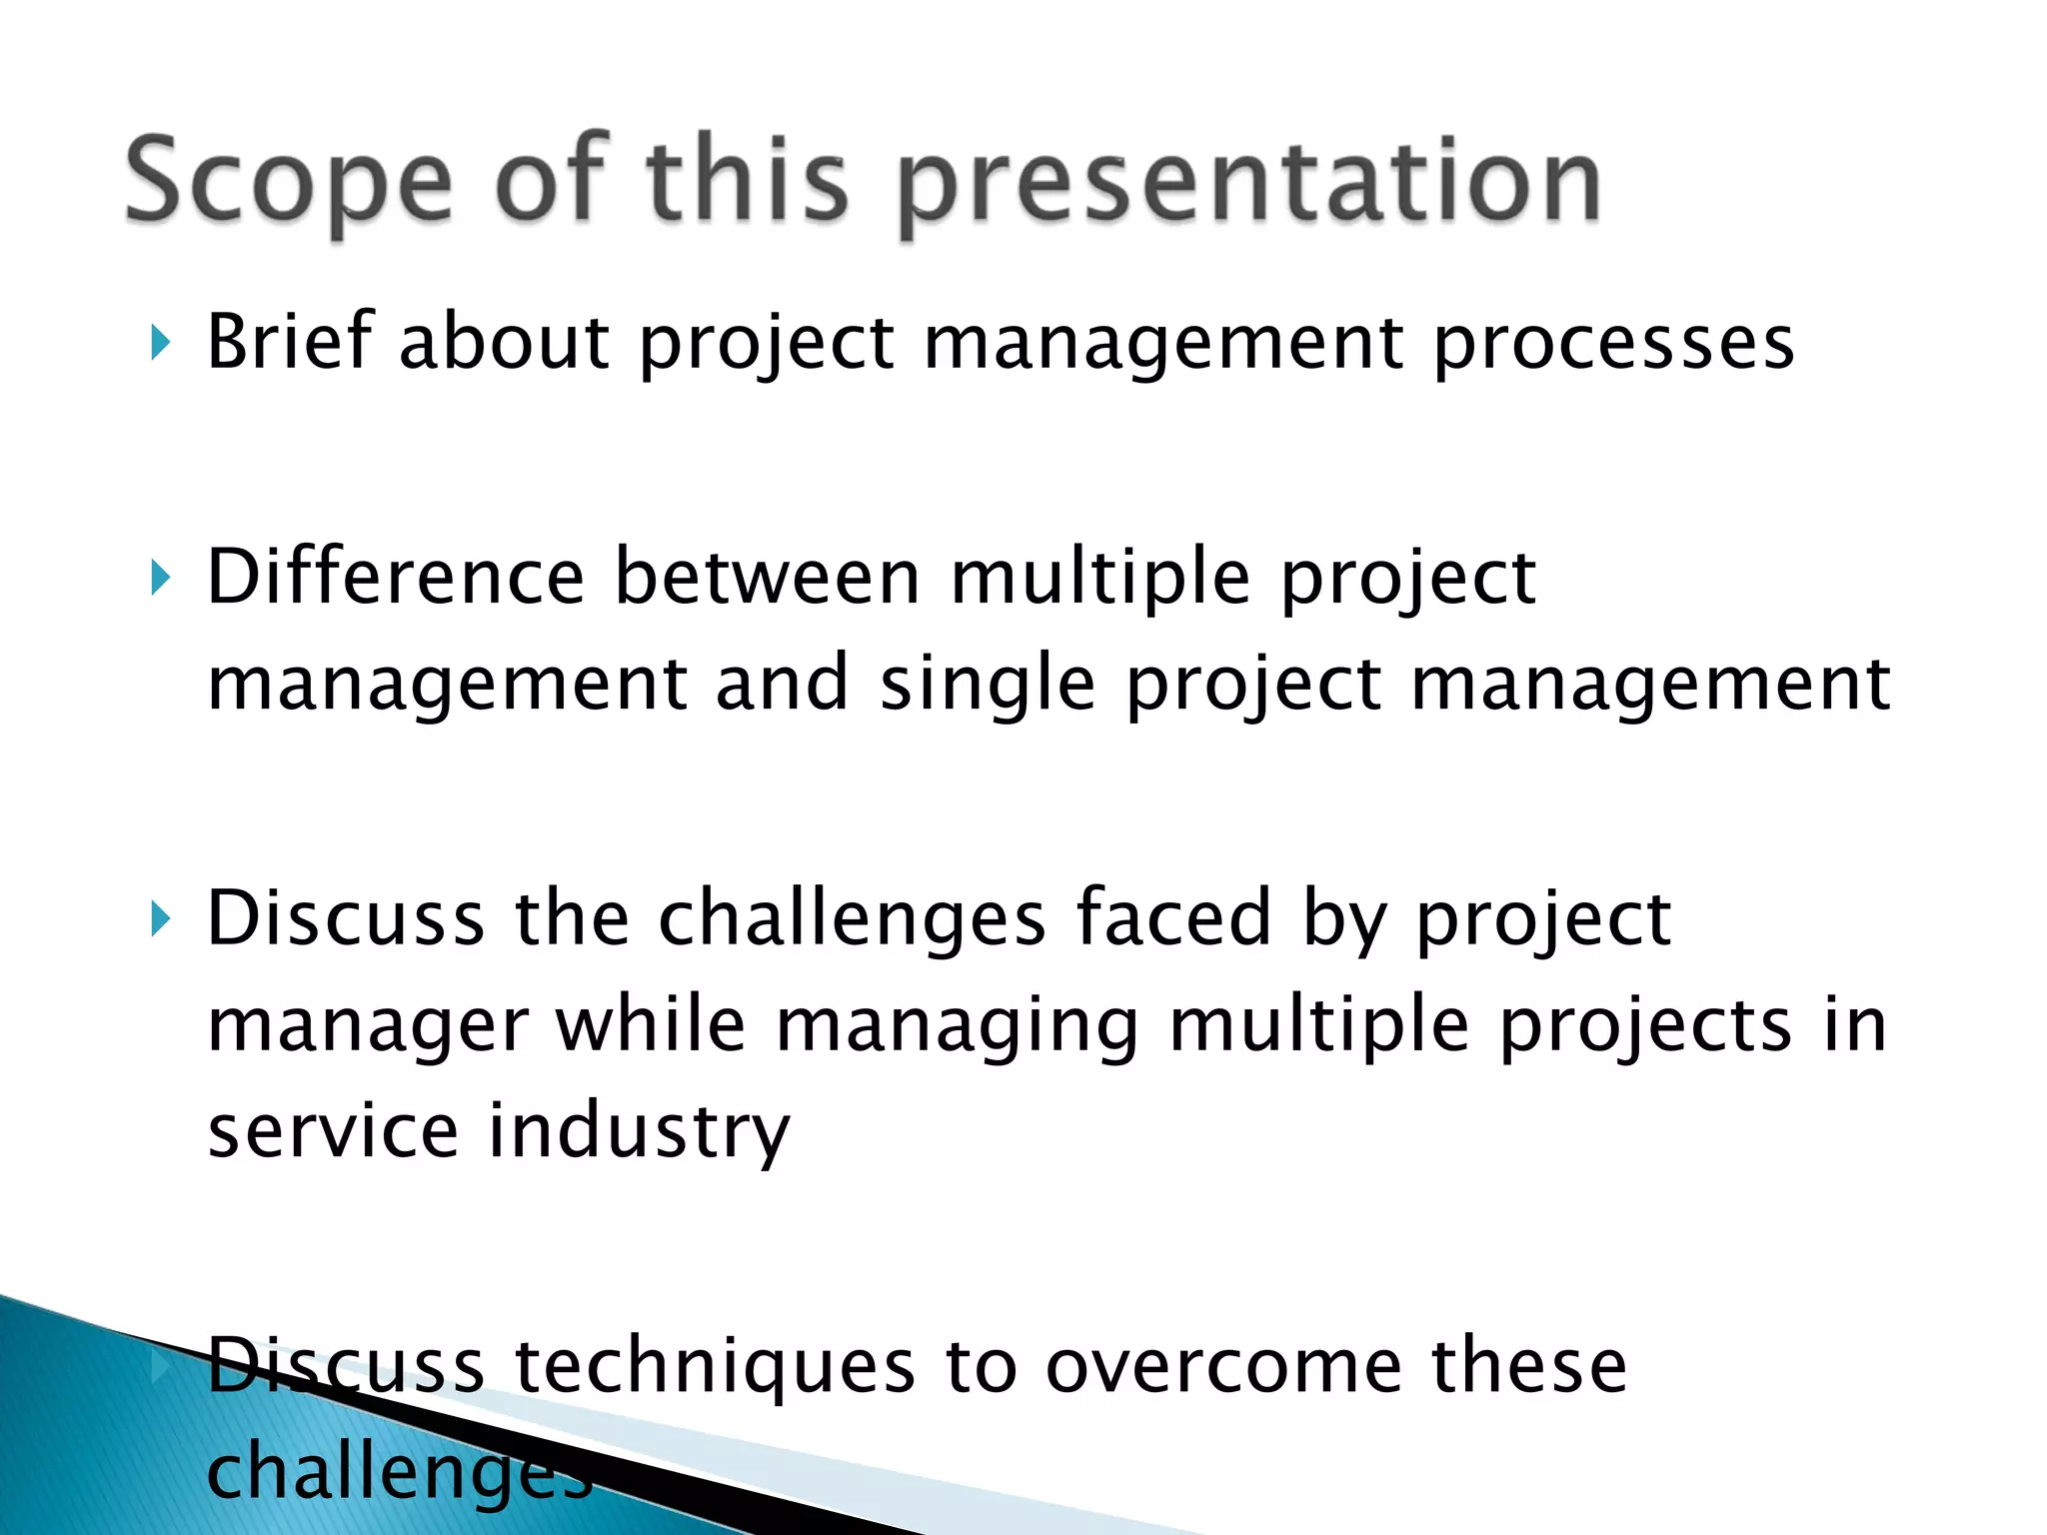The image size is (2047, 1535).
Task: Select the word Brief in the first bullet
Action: (290, 342)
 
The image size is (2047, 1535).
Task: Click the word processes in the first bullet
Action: (1613, 345)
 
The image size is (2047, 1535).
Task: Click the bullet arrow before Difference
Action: (160, 578)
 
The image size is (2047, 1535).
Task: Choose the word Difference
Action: (395, 578)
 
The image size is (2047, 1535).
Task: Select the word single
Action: (987, 686)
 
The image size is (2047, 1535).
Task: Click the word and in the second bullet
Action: (782, 684)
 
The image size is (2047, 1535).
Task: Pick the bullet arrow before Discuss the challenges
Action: (160, 918)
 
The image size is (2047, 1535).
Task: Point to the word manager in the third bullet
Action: (367, 1028)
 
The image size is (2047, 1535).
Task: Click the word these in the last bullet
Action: (1529, 1367)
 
